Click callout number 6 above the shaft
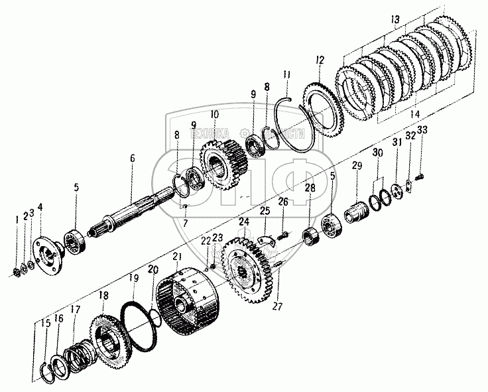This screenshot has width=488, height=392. click(x=132, y=159)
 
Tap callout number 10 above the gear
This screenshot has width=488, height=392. click(x=214, y=114)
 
